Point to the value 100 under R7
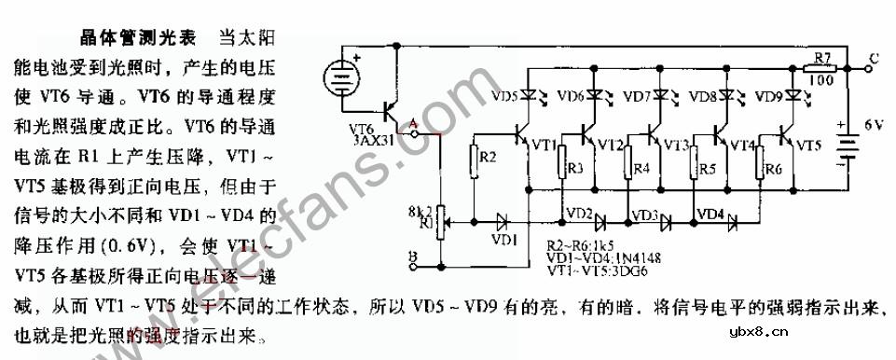[822, 82]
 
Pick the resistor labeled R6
[769, 168]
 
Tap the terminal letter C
[873, 58]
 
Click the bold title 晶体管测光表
[139, 38]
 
